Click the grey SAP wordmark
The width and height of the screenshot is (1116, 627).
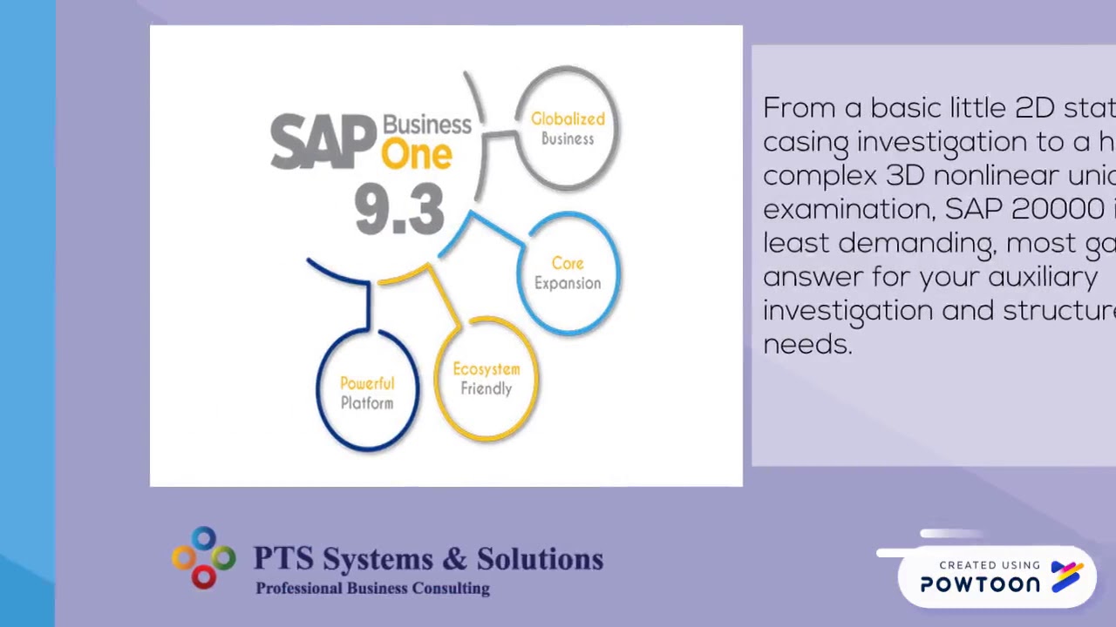323,141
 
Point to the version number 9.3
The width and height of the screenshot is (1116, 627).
399,210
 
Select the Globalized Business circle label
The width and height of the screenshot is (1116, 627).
568,129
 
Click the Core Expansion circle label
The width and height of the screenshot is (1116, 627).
568,273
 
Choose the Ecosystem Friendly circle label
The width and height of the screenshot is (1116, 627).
487,379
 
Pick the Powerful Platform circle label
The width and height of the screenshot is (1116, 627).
367,394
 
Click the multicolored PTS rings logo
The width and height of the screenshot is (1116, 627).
203,558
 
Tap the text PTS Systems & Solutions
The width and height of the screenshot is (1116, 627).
428,559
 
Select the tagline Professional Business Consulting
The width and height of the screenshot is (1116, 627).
372,589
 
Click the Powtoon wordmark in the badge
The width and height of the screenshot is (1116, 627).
980,585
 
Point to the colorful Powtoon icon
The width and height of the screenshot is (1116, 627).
1067,576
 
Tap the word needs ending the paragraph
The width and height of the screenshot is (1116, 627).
806,344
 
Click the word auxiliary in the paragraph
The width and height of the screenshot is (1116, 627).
1042,277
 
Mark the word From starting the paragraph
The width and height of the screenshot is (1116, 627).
800,108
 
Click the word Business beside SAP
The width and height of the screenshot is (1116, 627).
427,125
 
